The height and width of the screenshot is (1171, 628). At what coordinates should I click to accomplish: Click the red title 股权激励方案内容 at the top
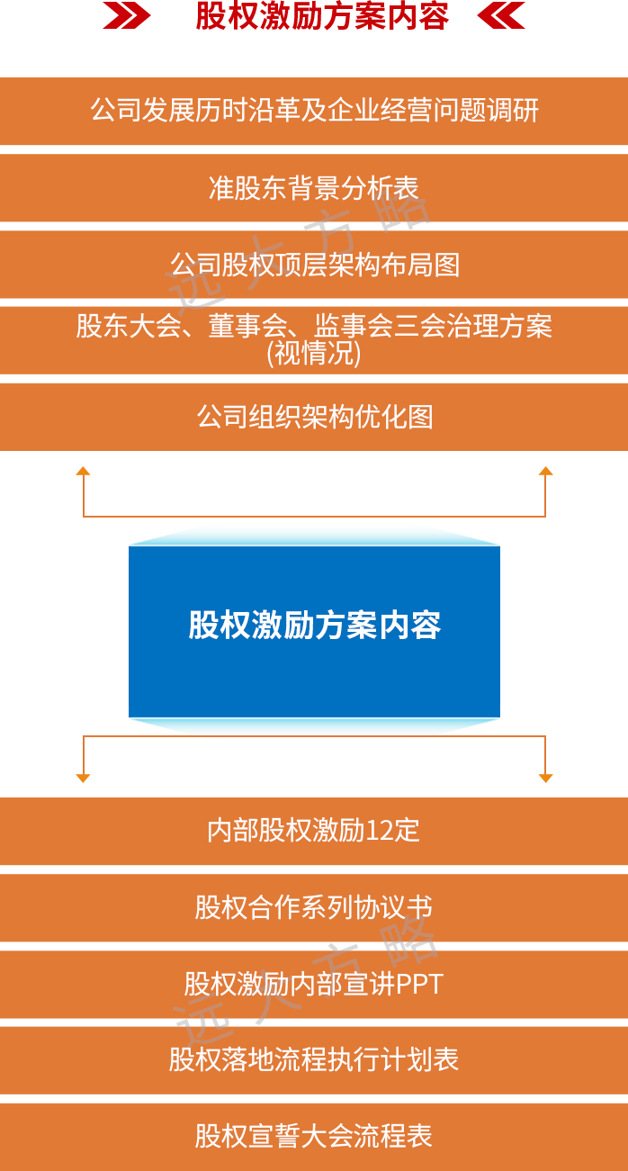pyautogui.click(x=321, y=16)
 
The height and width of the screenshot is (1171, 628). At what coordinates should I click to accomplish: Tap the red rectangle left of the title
pyautogui.click(x=126, y=15)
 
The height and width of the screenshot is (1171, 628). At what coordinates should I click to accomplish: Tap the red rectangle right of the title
pyautogui.click(x=501, y=15)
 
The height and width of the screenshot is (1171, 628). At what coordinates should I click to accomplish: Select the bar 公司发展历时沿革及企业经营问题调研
pyautogui.click(x=314, y=111)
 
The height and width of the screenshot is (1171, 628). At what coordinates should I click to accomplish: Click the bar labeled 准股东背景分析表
pyautogui.click(x=314, y=188)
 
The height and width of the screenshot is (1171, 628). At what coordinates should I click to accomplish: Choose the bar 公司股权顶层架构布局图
pyautogui.click(x=314, y=265)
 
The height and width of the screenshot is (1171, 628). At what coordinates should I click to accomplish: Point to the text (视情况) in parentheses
pyautogui.click(x=314, y=355)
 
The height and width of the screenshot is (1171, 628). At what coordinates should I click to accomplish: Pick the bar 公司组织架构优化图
pyautogui.click(x=314, y=417)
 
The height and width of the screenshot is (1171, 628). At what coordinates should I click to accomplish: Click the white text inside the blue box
pyautogui.click(x=314, y=625)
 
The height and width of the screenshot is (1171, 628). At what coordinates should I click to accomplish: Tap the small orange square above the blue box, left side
pyautogui.click(x=83, y=470)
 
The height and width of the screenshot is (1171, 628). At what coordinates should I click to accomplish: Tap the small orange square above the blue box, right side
pyautogui.click(x=545, y=470)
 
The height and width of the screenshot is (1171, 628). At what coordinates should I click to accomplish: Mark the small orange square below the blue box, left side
pyautogui.click(x=83, y=778)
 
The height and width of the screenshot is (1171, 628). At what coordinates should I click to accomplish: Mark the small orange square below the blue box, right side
pyautogui.click(x=545, y=778)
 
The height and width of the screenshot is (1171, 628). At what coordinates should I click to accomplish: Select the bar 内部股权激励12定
pyautogui.click(x=314, y=830)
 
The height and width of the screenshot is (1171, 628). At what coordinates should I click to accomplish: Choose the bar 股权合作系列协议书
pyautogui.click(x=314, y=906)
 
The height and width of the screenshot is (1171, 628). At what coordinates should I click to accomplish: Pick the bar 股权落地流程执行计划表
pyautogui.click(x=314, y=1059)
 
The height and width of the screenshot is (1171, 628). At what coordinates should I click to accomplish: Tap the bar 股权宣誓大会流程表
pyautogui.click(x=314, y=1136)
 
